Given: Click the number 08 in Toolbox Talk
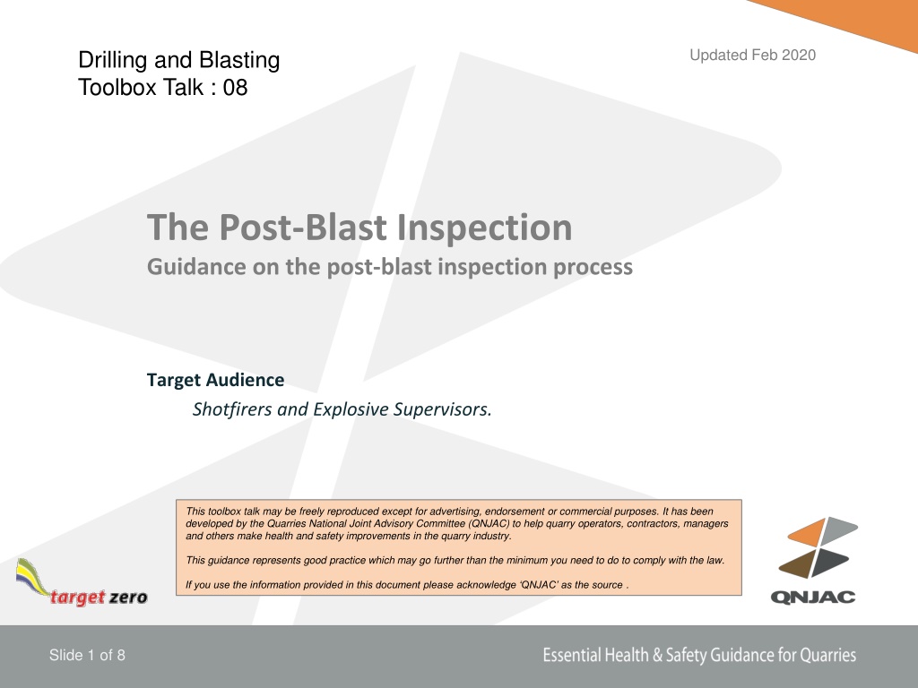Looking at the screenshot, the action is (236, 88).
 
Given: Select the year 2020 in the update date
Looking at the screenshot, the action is (799, 55).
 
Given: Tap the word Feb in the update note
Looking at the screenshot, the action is (764, 55).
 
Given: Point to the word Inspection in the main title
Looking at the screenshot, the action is (485, 228).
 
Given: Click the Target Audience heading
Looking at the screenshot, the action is (215, 380).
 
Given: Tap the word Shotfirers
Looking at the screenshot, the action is (232, 408).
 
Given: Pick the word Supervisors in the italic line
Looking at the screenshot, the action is (442, 409).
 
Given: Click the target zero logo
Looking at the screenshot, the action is (82, 582).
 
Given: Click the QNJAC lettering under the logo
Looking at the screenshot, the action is (813, 597).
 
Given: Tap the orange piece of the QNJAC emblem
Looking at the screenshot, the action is (807, 532).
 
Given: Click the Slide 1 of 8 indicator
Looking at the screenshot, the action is (87, 655).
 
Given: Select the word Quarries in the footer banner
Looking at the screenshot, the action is (827, 655).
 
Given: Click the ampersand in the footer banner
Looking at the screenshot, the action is (657, 655).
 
